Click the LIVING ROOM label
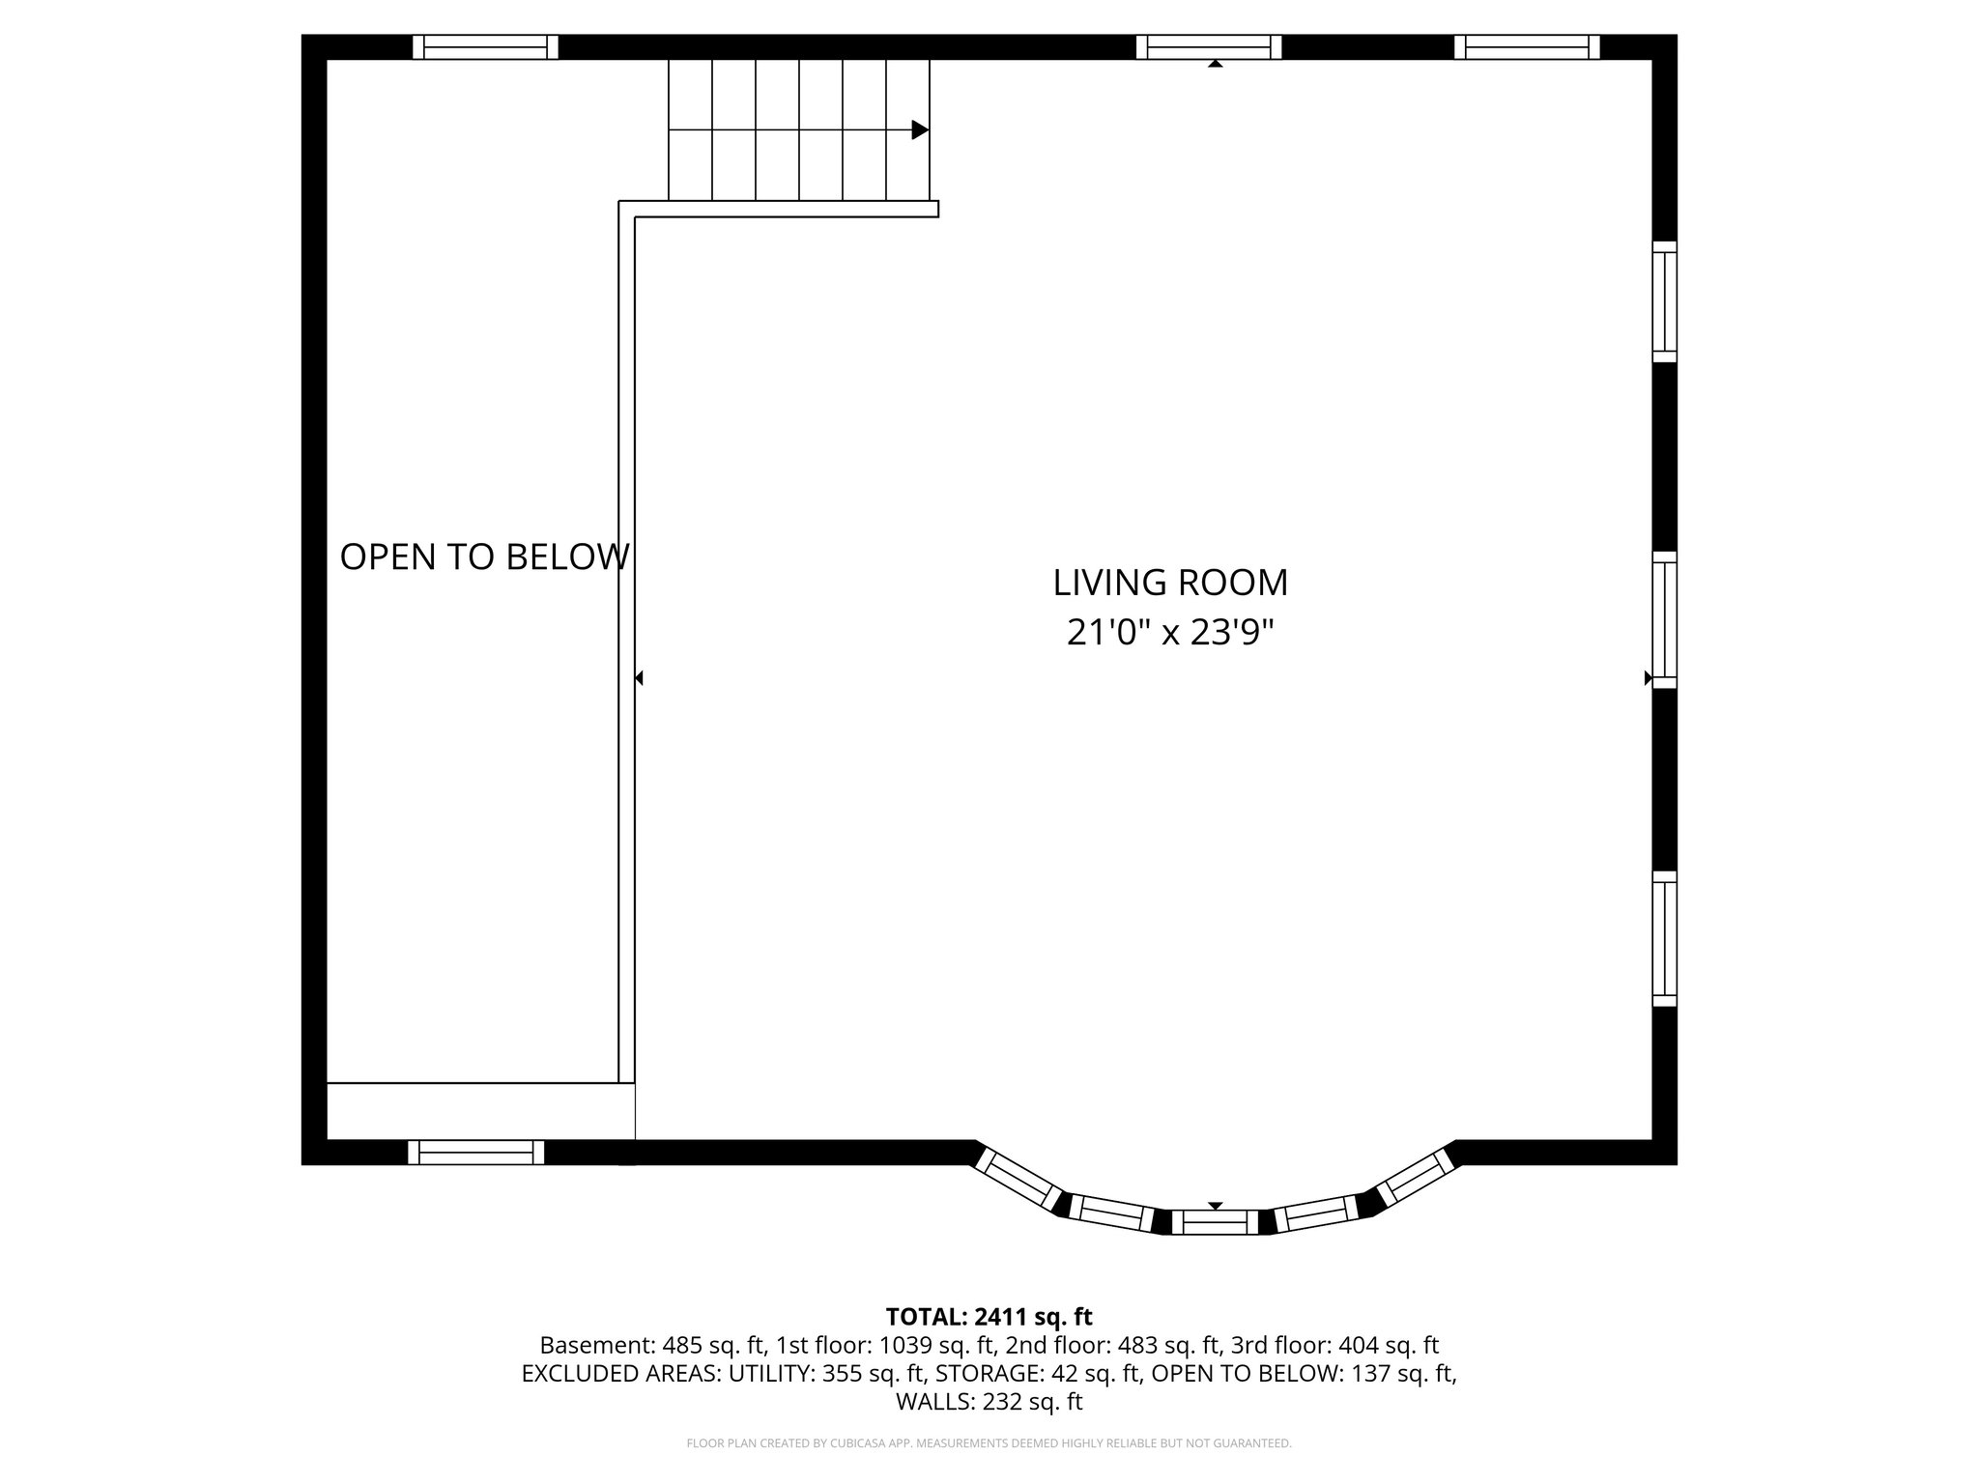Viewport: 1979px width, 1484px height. point(1170,583)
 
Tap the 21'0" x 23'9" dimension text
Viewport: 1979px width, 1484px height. point(1170,633)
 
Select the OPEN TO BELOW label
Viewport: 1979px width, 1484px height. point(484,557)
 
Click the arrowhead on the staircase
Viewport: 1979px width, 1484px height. point(920,129)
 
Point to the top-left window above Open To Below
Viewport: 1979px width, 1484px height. point(485,47)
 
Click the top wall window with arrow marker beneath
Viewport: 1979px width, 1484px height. point(1209,47)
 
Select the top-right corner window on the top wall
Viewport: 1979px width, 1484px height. point(1527,47)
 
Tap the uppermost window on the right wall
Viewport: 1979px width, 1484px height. point(1664,301)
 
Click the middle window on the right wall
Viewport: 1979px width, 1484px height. point(1664,619)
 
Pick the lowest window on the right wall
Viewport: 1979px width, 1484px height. point(1664,939)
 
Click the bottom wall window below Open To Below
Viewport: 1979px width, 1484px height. point(475,1152)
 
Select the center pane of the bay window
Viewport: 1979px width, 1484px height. point(1216,1222)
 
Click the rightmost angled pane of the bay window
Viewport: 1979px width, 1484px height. point(1416,1177)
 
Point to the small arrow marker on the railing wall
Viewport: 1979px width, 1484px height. point(639,678)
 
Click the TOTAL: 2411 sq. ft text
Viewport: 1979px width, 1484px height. point(989,1316)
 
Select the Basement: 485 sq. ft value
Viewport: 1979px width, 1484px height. point(652,1345)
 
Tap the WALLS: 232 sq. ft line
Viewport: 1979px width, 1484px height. point(989,1402)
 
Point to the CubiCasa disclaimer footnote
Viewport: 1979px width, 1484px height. point(989,1443)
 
